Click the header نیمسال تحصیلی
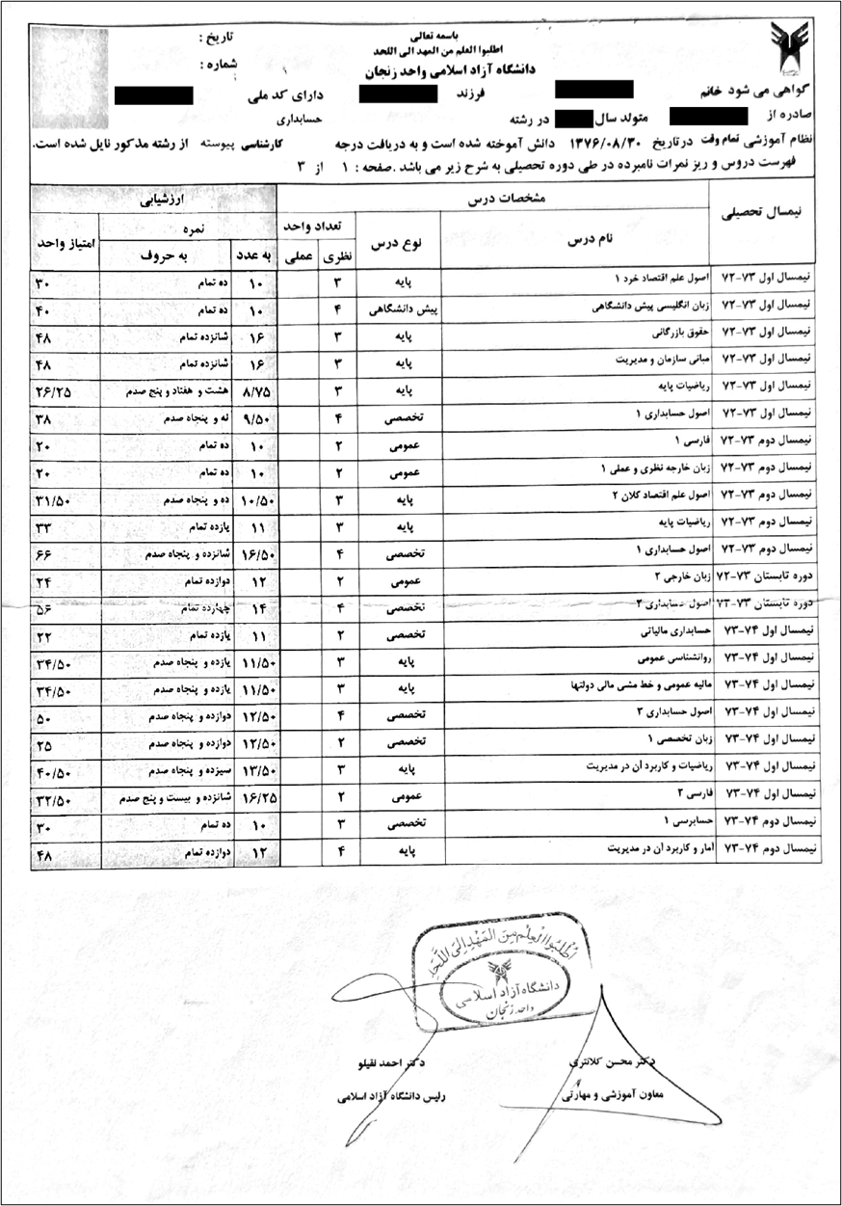coord(764,215)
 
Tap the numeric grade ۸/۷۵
coord(250,393)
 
